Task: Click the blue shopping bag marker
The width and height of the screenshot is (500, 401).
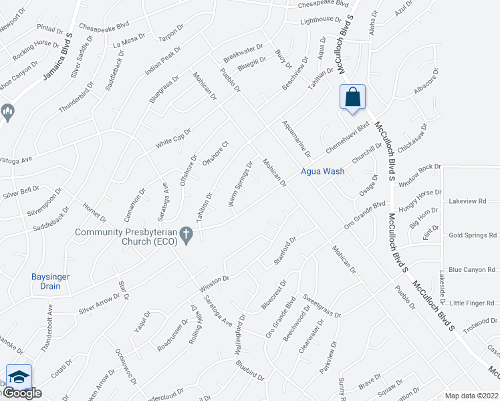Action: pyautogui.click(x=352, y=98)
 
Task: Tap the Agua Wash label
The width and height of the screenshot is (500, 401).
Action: pyautogui.click(x=322, y=171)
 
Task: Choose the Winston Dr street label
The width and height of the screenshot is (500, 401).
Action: pyautogui.click(x=214, y=283)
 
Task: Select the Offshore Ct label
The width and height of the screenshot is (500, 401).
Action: pyautogui.click(x=216, y=154)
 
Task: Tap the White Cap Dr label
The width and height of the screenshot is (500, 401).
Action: pyautogui.click(x=173, y=138)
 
